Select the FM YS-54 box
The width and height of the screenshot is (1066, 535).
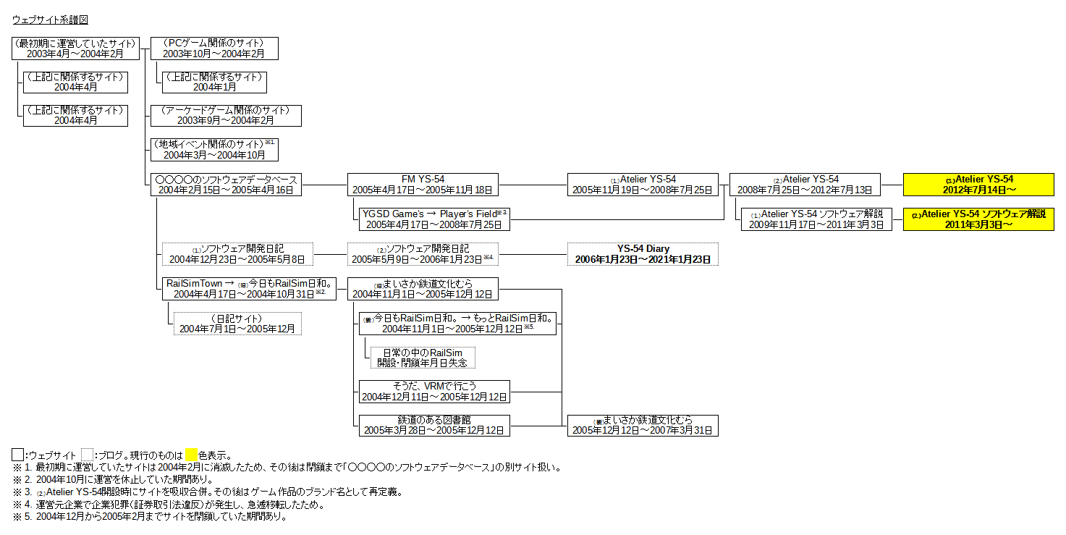423,185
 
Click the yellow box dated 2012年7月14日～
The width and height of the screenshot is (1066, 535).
978,185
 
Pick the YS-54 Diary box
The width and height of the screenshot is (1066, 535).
643,254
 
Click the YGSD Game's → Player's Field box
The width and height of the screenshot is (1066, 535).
434,219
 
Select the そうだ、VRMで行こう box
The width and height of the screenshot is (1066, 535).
434,392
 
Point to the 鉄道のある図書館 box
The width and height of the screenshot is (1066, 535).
434,426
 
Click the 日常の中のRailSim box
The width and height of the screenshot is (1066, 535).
423,357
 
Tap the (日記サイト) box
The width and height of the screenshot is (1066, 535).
237,324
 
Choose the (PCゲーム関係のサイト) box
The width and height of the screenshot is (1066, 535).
214,49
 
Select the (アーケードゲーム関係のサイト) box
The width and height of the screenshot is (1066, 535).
226,116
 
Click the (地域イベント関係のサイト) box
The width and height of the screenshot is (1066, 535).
214,150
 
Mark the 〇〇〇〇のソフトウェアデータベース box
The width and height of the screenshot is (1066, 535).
226,185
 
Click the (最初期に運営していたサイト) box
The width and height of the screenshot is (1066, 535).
75,49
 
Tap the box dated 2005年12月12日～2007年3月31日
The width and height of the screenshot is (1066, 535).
643,426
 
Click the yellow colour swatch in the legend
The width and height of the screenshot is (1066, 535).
191,455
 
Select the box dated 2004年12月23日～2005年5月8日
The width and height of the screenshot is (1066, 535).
237,254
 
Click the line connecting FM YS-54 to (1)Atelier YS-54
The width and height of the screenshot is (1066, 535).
533,185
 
